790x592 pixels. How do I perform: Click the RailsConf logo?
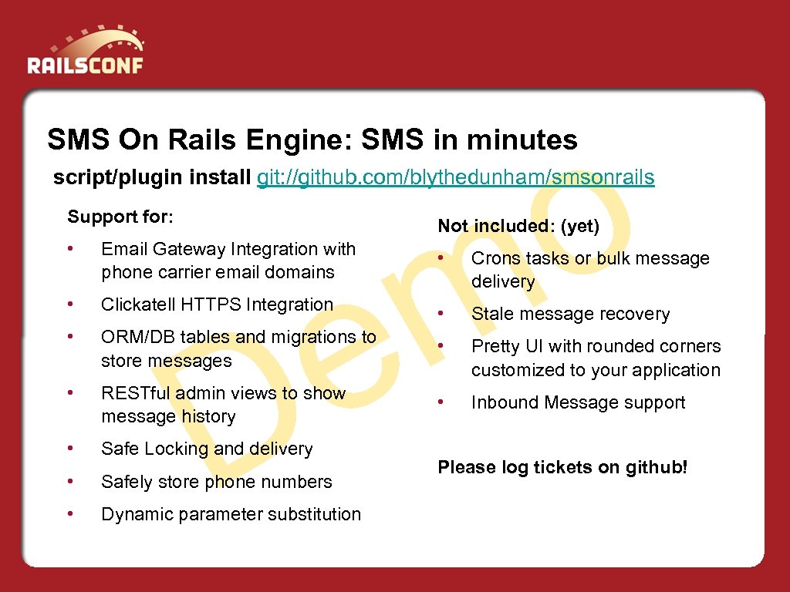[x=85, y=52]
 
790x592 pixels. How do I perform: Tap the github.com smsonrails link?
[x=456, y=177]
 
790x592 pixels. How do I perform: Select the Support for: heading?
[x=120, y=217]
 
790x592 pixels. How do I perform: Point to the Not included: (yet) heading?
[x=518, y=226]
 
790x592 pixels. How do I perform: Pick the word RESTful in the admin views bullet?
[x=135, y=393]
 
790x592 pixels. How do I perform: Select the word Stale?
[x=491, y=314]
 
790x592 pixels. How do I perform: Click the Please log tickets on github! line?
[x=562, y=467]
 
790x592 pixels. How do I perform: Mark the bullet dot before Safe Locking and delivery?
[x=71, y=448]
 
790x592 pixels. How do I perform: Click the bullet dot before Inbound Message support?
[x=441, y=402]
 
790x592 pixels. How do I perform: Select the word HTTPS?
[x=208, y=304]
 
